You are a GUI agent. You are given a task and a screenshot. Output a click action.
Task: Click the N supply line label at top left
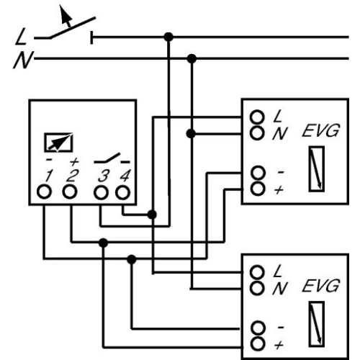point(22,60)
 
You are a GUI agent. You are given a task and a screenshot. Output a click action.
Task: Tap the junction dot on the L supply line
point(168,36)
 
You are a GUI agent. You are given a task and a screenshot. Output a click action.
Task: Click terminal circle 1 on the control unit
point(45,192)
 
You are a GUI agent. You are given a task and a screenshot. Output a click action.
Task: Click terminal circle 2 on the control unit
point(70,192)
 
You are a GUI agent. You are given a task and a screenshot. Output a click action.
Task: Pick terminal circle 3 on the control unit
point(102,192)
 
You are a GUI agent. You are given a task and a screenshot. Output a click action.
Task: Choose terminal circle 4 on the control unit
point(123,192)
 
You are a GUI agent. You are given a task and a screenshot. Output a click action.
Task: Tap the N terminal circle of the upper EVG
point(256,132)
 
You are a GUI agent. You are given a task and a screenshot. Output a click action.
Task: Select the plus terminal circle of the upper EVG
point(256,189)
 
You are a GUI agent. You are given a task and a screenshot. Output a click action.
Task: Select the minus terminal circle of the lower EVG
point(256,328)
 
